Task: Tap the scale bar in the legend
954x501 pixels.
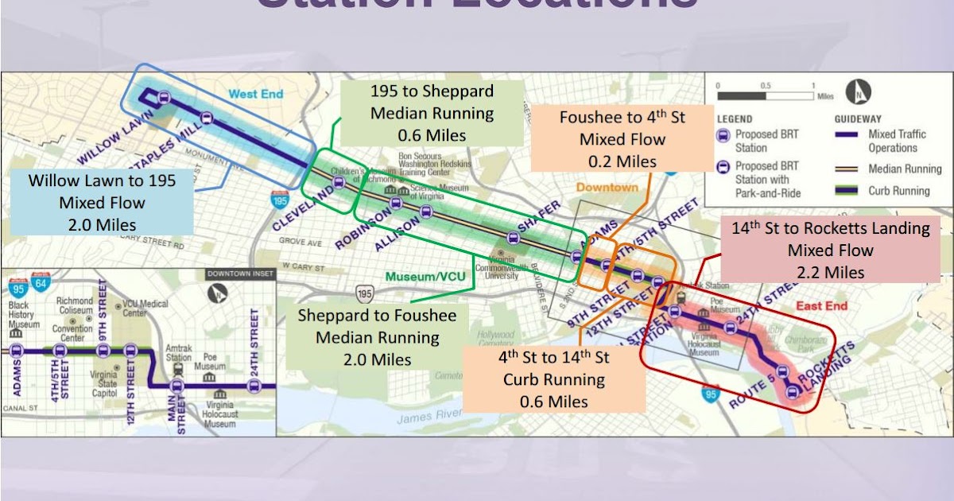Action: (765, 95)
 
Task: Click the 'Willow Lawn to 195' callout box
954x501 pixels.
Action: (102, 202)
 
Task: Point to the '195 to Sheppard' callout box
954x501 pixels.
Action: (432, 113)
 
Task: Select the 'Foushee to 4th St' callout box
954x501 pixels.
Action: (622, 139)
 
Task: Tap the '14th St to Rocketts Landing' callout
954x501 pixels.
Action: (830, 250)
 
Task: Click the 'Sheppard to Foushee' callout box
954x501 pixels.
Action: (377, 337)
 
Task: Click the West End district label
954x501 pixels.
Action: (256, 94)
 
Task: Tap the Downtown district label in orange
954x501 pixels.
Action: (607, 188)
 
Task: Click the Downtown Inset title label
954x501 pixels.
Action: (239, 274)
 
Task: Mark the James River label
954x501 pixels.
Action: (429, 414)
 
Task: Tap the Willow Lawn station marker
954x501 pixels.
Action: (164, 99)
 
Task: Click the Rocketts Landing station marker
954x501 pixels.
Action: (790, 390)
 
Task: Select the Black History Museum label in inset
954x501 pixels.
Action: (24, 315)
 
